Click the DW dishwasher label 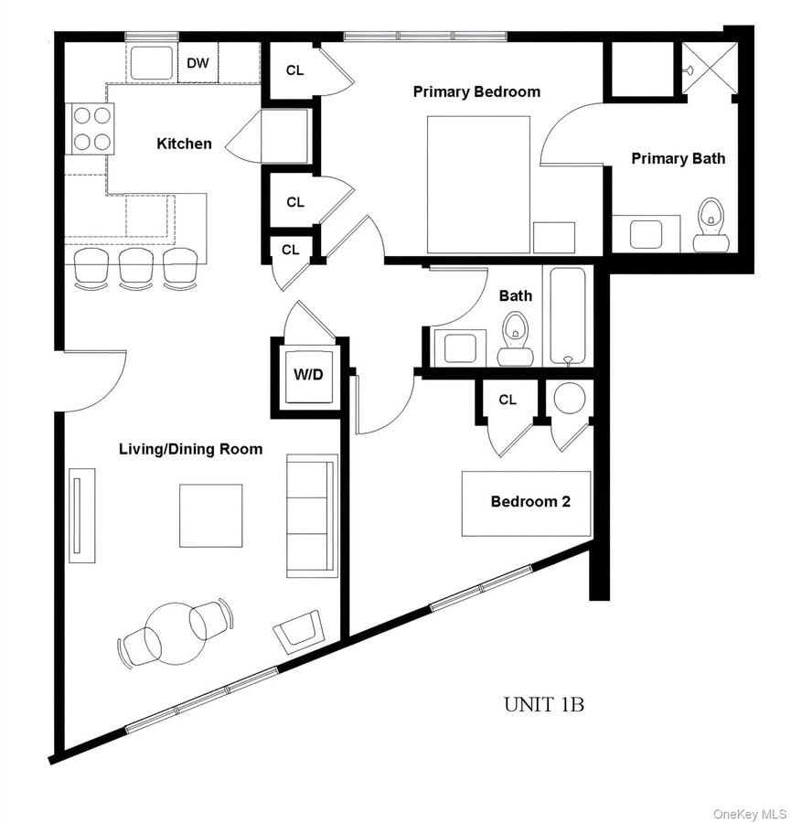197,63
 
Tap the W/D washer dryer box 308,376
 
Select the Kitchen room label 184,144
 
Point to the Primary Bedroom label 476,91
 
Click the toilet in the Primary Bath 710,226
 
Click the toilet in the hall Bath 516,337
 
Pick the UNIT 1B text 543,704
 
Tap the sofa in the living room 311,516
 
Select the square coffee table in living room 210,515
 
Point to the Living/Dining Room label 190,449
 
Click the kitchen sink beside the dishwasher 150,62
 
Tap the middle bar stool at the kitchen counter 135,267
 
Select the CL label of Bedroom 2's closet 508,400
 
